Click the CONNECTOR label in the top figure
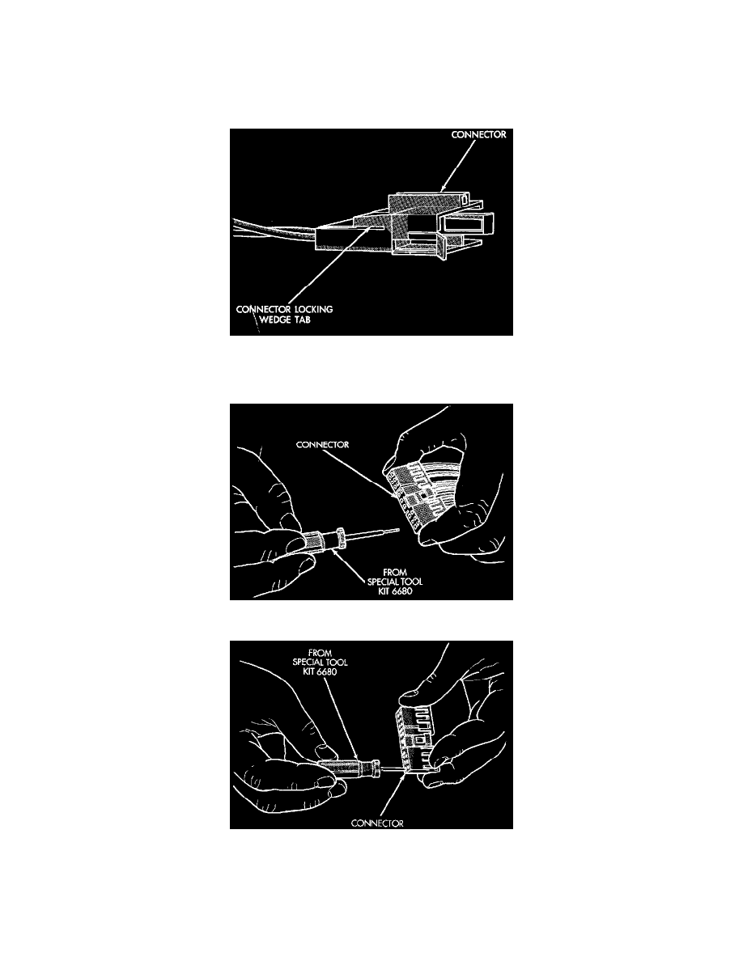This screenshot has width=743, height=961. tap(478, 134)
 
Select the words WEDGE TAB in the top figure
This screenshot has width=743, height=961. tap(284, 320)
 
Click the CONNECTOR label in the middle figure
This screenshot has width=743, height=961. tap(322, 444)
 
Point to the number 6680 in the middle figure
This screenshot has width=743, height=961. tap(401, 591)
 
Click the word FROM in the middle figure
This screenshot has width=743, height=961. tap(395, 572)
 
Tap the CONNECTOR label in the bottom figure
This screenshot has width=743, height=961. tap(377, 823)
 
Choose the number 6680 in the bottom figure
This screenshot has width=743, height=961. tap(326, 671)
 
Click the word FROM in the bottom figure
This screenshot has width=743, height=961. tap(320, 653)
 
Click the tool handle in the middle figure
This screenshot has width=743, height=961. tap(319, 541)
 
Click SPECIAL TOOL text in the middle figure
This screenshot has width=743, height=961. tap(395, 582)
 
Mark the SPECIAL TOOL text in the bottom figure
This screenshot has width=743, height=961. tap(320, 662)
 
